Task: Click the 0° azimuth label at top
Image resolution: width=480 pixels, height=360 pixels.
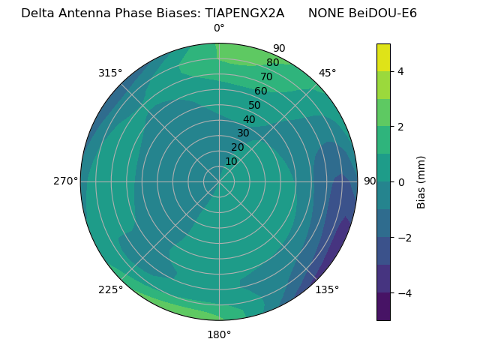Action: click(x=219, y=28)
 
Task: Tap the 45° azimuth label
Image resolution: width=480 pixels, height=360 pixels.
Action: click(x=327, y=73)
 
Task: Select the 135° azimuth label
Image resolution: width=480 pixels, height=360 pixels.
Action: click(x=327, y=289)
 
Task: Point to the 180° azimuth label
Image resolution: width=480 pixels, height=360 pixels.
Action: click(x=219, y=334)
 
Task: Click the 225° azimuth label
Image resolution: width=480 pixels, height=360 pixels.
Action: click(x=110, y=289)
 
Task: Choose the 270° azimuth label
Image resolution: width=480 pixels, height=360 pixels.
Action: click(x=65, y=181)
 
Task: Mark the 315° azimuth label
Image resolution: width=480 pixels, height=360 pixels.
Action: click(x=110, y=73)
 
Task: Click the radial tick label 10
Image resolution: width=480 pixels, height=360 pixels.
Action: click(x=231, y=161)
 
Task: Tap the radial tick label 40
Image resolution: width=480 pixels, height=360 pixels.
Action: click(x=249, y=119)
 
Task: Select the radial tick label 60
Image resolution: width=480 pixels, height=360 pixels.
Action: click(x=260, y=91)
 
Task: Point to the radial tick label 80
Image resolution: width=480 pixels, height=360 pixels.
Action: click(x=272, y=63)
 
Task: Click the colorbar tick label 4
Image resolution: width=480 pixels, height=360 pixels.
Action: click(x=400, y=71)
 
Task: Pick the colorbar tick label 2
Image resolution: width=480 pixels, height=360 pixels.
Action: click(x=400, y=127)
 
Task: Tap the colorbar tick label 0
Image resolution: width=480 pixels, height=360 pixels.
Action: click(x=400, y=181)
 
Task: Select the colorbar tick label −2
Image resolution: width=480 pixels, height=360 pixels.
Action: click(x=403, y=237)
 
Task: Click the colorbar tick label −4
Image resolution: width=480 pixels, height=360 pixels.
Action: click(x=403, y=292)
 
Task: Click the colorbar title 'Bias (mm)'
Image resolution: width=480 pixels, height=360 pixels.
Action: click(x=421, y=181)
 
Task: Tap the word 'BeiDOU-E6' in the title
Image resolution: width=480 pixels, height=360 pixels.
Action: click(x=383, y=13)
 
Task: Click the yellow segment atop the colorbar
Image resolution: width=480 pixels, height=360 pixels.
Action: click(x=383, y=58)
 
